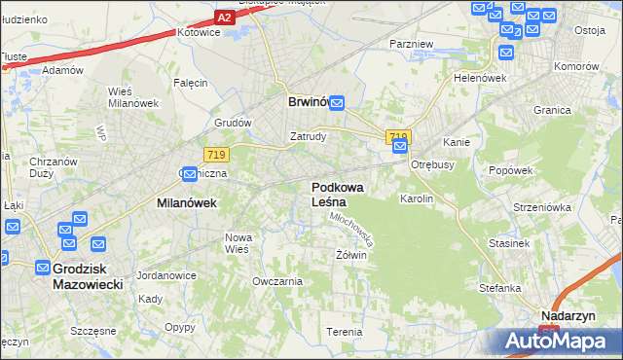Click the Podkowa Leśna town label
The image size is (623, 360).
[x=335, y=194]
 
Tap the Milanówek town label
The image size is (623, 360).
[x=186, y=203]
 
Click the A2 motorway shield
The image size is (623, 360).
[x=225, y=18]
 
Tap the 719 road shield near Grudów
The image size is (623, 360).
[x=216, y=154]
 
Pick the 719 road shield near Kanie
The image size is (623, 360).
[x=398, y=137]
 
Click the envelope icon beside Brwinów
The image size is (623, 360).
[x=337, y=101]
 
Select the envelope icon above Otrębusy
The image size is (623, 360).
[x=400, y=147]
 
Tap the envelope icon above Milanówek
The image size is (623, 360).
[x=191, y=174]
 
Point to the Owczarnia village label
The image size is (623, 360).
[x=277, y=281]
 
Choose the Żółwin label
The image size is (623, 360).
[x=350, y=255]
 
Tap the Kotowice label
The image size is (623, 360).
[x=196, y=32]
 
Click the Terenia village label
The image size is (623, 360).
[x=345, y=332]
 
